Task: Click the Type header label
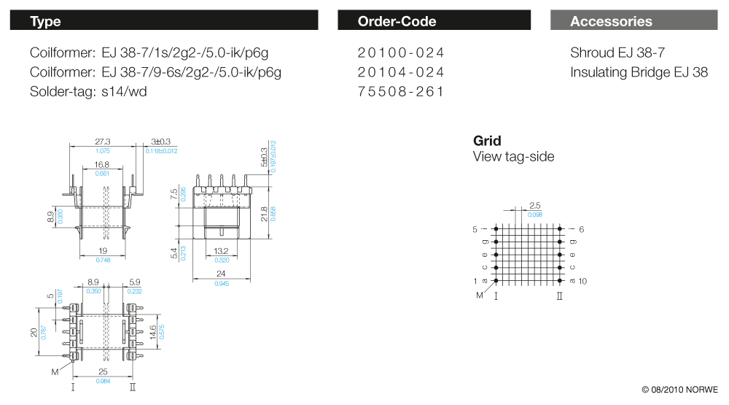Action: (x=45, y=21)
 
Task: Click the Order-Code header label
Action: (x=397, y=21)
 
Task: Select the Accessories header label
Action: (x=611, y=21)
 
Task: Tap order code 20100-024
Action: (x=401, y=53)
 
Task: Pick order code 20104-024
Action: (x=401, y=72)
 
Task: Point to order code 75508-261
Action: (x=401, y=92)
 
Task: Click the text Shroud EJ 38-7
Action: (x=617, y=53)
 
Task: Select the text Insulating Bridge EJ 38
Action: (x=639, y=72)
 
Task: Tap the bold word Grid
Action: (x=487, y=141)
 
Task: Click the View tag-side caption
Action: (x=513, y=157)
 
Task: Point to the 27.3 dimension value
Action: (x=102, y=142)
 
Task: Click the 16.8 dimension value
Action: (x=101, y=165)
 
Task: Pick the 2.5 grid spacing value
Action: (x=534, y=207)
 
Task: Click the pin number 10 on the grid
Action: (x=582, y=281)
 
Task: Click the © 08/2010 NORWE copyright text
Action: (x=679, y=390)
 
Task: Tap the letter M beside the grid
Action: (x=479, y=295)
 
